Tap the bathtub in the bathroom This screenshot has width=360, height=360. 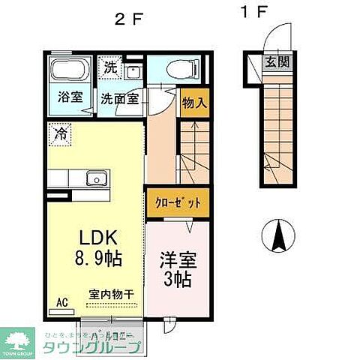[x=69, y=73]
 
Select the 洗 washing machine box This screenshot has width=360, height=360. [x=110, y=66]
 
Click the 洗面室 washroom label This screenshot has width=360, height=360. [x=120, y=98]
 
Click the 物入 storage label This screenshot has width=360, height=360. [x=193, y=100]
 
